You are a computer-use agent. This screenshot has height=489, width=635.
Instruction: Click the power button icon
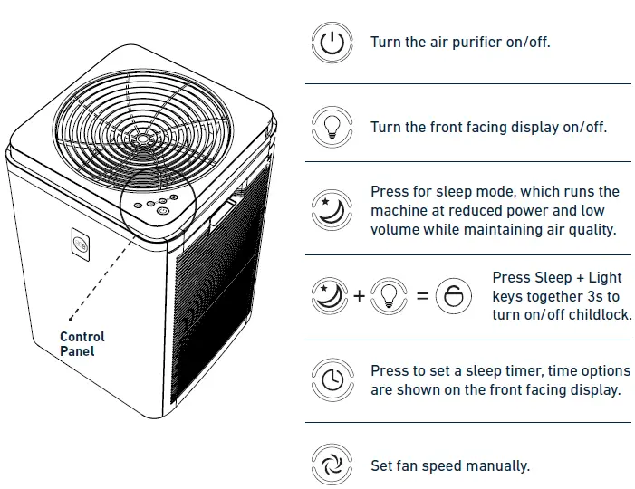tap(332, 43)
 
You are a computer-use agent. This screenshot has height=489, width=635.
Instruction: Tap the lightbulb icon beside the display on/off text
tap(332, 126)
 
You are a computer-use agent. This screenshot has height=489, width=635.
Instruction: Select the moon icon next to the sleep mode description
tap(332, 210)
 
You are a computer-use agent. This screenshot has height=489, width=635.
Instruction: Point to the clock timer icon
tap(332, 380)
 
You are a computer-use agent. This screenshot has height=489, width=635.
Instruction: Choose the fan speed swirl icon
tap(332, 465)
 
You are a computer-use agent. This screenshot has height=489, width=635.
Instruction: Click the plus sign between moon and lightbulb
tap(360, 296)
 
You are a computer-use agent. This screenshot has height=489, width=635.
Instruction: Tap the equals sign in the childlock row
tap(422, 296)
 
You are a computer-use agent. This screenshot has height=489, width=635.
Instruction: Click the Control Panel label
tap(82, 343)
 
